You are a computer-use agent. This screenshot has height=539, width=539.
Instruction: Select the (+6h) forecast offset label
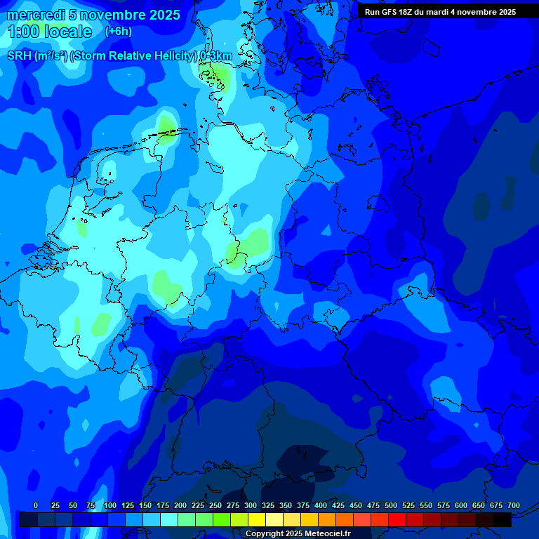coord(118,32)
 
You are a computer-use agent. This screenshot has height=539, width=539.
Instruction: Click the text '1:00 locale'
coord(49,32)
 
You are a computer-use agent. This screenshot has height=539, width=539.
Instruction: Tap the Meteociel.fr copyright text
coord(298,533)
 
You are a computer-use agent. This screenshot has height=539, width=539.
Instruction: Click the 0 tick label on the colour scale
coord(36,505)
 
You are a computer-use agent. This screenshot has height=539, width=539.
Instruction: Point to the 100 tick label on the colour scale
coord(109,505)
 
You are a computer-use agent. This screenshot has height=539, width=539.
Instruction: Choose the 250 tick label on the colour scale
coord(215,505)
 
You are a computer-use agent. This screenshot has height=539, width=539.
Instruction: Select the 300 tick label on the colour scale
coord(251,505)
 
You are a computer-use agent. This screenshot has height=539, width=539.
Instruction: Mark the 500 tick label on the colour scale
coord(391,505)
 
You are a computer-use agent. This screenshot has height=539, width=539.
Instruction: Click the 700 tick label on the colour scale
coord(514,505)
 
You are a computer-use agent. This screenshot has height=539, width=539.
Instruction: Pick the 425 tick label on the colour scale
coord(338,505)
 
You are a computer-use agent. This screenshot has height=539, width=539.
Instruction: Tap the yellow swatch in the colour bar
coord(256,519)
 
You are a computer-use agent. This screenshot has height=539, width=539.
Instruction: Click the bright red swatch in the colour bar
coord(397,519)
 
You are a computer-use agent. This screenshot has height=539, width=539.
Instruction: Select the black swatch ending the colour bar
coord(503,519)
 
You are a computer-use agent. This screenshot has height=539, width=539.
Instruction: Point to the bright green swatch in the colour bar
coord(221,519)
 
